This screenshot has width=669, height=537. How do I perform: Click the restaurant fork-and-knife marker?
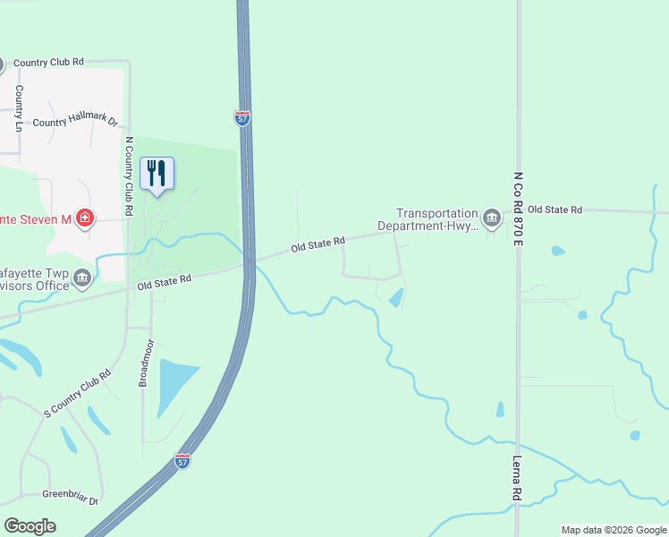pyautogui.click(x=157, y=173)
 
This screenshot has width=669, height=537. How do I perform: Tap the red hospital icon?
pyautogui.click(x=85, y=218)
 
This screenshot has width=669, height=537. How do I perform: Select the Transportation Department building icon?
pyautogui.click(x=491, y=218)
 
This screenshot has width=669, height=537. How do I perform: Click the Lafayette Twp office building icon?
pyautogui.click(x=82, y=278)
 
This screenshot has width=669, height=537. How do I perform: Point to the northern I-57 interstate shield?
pyautogui.click(x=242, y=118)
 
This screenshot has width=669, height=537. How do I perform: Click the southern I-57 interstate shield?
pyautogui.click(x=182, y=462)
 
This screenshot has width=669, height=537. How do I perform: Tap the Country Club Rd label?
pyautogui.click(x=48, y=62)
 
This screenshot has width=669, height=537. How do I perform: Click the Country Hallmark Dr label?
pyautogui.click(x=75, y=122)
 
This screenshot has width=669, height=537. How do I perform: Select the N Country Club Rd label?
pyautogui.click(x=129, y=175)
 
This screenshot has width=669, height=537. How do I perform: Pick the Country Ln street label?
pyautogui.click(x=19, y=109)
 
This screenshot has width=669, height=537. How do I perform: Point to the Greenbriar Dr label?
pyautogui.click(x=70, y=493)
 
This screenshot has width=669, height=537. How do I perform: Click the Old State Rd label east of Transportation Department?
pyautogui.click(x=555, y=209)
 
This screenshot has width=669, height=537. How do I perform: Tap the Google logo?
pyautogui.click(x=30, y=526)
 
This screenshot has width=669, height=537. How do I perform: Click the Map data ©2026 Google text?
pyautogui.click(x=613, y=530)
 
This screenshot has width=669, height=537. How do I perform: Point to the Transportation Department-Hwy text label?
pyautogui.click(x=437, y=219)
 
